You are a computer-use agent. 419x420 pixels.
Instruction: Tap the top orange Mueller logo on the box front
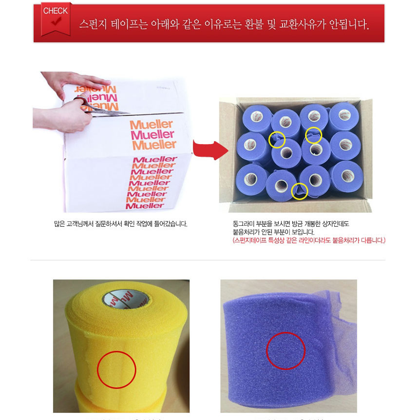click(x=152, y=125)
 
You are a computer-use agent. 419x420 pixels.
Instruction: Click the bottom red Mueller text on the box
click(x=145, y=205)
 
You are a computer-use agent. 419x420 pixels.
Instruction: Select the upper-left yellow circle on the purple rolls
click(x=277, y=139)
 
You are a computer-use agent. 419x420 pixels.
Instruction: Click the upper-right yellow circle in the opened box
click(x=314, y=135)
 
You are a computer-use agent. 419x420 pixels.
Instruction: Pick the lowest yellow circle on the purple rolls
click(x=299, y=191)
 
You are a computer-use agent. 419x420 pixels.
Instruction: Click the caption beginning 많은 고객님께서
click(x=121, y=224)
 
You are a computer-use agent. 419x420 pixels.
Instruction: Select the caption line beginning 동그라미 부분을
click(x=291, y=224)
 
